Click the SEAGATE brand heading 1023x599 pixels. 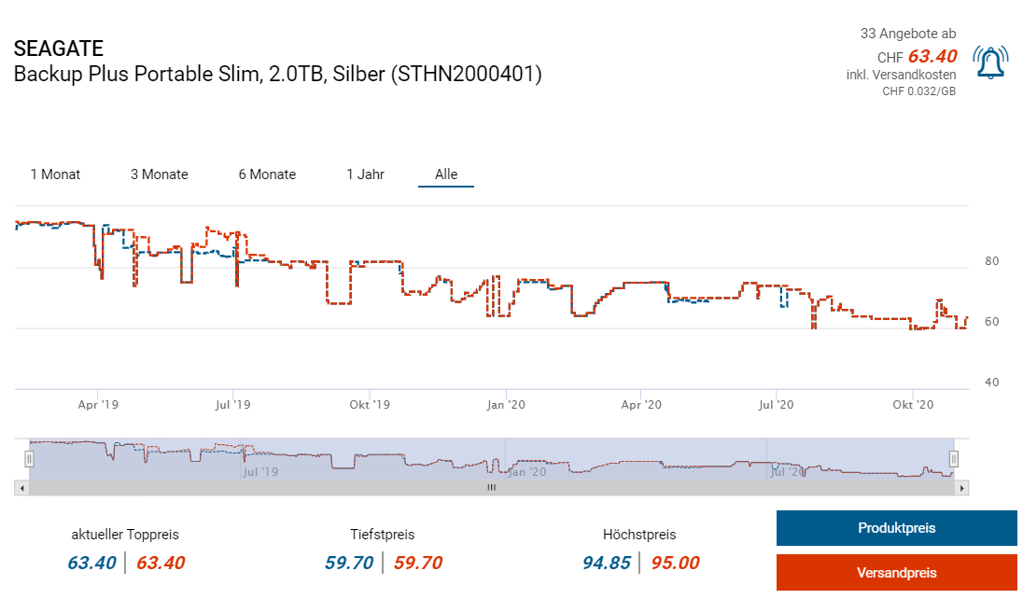(59, 49)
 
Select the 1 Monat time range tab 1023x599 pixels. (55, 174)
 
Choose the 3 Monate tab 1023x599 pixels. (159, 174)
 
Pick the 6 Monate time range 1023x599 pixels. (267, 174)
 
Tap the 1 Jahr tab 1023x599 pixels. (365, 174)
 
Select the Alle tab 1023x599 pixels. (446, 174)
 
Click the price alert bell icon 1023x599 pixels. (989, 63)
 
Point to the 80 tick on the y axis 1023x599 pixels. (991, 261)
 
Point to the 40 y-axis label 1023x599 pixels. (991, 383)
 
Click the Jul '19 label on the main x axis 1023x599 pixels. (232, 405)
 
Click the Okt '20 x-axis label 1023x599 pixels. (912, 405)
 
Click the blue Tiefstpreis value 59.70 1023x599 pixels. (349, 563)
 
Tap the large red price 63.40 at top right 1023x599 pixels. (932, 57)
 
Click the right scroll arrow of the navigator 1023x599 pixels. (962, 488)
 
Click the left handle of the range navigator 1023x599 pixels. (29, 458)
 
